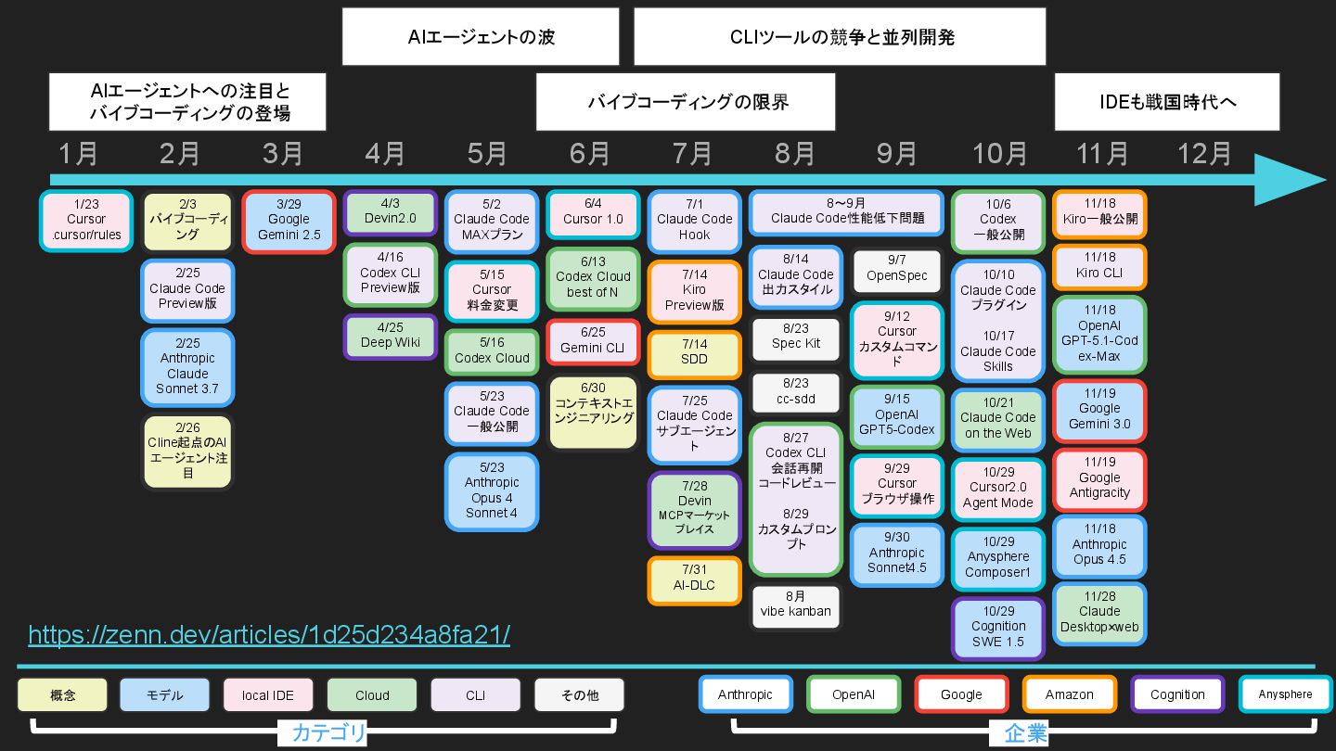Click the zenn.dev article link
point(269,635)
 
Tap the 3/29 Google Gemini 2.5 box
point(289,221)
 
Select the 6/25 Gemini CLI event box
point(592,341)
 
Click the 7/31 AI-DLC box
point(694,579)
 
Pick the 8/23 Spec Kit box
point(795,337)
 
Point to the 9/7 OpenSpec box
point(897,269)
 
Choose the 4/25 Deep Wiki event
point(390,336)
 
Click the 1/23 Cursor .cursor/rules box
point(86,221)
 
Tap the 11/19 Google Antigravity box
point(1099,477)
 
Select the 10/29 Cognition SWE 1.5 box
point(998,627)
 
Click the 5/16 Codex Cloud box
point(492,351)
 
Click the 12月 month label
point(1204,153)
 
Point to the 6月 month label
point(590,153)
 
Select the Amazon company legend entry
point(1069,694)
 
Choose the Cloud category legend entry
point(372,695)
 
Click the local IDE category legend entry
point(268,695)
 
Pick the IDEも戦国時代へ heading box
point(1166,102)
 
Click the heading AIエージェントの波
point(481,37)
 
